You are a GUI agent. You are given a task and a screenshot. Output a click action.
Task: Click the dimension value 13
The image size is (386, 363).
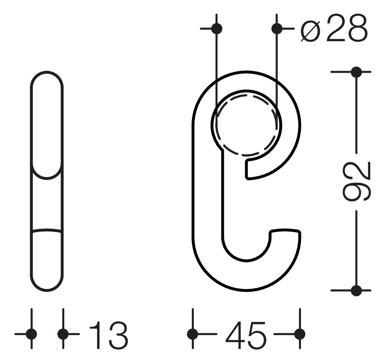point(108,335)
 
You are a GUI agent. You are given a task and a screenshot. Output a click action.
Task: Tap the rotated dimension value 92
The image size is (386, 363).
point(357,182)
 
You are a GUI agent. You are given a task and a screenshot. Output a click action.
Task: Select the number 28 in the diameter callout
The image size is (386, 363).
point(347,28)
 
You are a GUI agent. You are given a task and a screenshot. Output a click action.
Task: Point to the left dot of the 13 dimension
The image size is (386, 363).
point(31,334)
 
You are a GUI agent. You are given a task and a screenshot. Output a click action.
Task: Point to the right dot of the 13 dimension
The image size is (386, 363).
point(63,334)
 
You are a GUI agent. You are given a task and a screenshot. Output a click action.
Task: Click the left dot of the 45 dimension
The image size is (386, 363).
point(192,334)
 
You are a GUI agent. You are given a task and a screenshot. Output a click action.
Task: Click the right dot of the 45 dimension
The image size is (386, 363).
point(300,334)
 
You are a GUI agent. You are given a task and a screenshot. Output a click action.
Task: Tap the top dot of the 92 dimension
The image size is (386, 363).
point(356,72)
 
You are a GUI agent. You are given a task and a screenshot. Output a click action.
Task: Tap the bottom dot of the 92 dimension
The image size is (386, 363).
point(356,290)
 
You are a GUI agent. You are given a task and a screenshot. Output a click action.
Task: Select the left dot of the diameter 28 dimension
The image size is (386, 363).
point(217,28)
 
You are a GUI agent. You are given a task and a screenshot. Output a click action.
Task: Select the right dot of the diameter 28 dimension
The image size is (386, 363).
point(277,29)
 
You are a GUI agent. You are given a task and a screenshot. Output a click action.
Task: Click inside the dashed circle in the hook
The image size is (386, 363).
point(246,126)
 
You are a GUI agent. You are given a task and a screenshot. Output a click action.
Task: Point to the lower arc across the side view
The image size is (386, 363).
point(47,230)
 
